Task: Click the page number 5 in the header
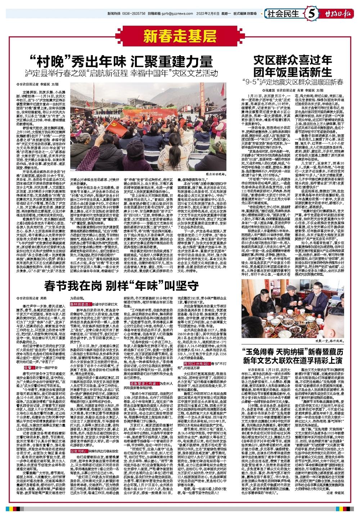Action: pos(312,14)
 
